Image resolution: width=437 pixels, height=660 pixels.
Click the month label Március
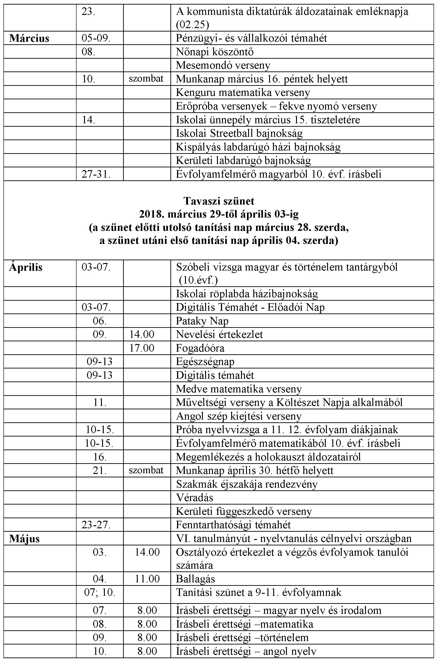(29, 38)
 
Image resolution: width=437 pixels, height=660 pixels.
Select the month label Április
(26, 267)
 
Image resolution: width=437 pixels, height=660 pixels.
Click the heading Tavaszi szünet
(219, 201)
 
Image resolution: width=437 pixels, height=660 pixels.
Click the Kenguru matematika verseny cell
(243, 92)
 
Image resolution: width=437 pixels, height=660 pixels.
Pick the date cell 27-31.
(96, 174)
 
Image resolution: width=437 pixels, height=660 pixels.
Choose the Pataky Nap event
(202, 321)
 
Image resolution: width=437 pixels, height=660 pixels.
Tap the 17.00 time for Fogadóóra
(142, 348)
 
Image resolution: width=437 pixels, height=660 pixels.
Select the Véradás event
(195, 498)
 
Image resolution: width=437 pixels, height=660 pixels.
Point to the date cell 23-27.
(96, 525)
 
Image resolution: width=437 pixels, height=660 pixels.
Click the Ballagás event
(195, 579)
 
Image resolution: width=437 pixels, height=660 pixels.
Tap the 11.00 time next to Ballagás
(147, 579)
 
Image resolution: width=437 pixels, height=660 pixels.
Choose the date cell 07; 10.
(100, 592)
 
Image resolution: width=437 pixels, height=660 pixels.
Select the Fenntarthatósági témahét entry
(233, 525)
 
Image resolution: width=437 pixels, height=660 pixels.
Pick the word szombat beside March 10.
(146, 79)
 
